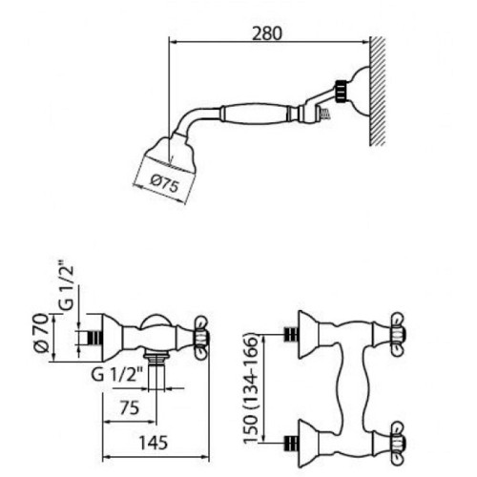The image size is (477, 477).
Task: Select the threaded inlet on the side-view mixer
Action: [93, 338]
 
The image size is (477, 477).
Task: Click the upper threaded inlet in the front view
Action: [290, 335]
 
